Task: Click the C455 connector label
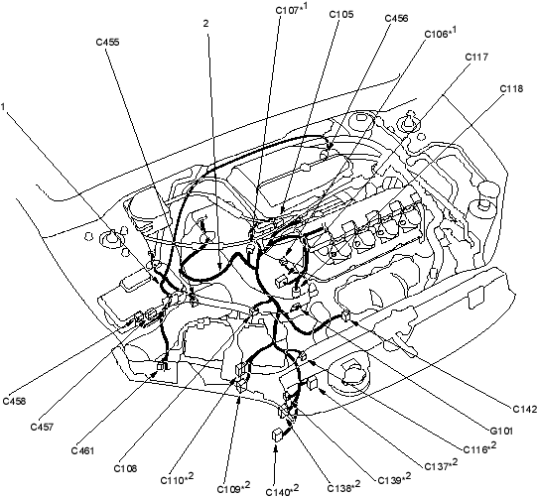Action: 107,42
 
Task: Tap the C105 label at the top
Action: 341,14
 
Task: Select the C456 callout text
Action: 397,18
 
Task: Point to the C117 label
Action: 476,57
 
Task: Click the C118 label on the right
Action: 511,88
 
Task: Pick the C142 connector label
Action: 524,409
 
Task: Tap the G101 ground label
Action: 501,431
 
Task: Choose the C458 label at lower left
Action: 14,401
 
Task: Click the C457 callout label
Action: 42,428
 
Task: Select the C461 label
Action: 82,450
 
